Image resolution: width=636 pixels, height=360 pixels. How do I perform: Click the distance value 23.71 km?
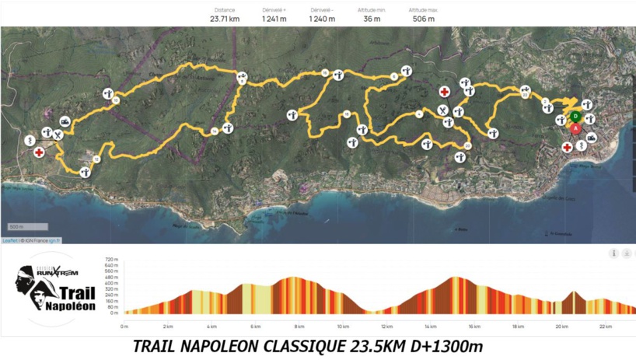[x=224, y=19]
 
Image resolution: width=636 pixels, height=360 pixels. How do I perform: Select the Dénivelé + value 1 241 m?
[x=274, y=19]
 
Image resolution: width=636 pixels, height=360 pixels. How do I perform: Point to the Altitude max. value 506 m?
[x=424, y=19]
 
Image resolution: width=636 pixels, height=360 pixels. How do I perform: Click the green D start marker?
[x=575, y=117]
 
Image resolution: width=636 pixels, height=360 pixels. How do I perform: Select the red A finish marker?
[x=575, y=129]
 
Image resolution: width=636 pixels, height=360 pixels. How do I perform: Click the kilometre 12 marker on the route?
[x=96, y=159]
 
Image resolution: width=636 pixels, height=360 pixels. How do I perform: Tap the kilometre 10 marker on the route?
[x=243, y=79]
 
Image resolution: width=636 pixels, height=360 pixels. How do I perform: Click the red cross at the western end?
[x=39, y=152]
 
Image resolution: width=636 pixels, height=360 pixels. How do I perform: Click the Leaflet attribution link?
[x=9, y=241]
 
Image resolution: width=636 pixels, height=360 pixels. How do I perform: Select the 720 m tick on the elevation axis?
[x=111, y=259]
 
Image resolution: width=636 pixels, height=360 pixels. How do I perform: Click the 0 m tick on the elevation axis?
[x=114, y=313]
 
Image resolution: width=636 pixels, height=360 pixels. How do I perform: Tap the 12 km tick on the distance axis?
[x=386, y=327]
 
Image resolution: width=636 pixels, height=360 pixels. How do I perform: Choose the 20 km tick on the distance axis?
[x=561, y=327]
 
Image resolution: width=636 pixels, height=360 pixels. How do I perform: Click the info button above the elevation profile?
[x=613, y=253]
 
